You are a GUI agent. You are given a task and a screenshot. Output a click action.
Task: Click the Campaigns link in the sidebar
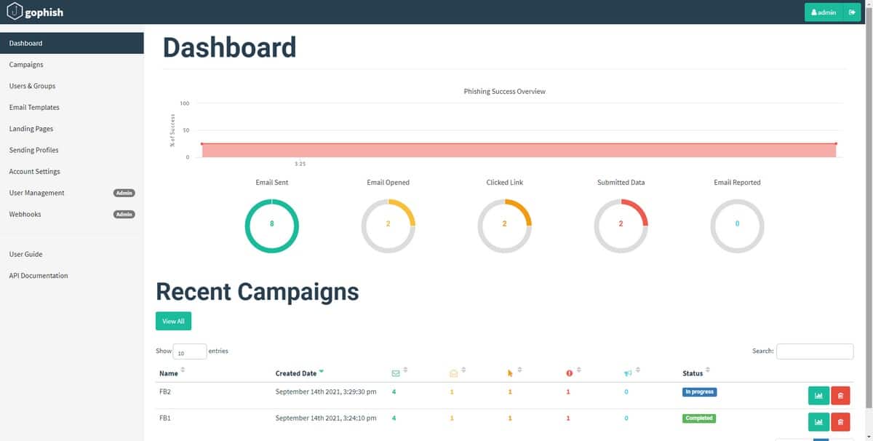click(26, 65)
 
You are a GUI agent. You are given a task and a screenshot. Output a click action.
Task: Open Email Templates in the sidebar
click(34, 108)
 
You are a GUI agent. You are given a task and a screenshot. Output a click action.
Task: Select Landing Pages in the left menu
click(31, 129)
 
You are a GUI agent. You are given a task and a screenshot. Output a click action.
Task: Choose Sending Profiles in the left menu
click(33, 150)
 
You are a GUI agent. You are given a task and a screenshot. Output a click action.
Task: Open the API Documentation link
click(39, 276)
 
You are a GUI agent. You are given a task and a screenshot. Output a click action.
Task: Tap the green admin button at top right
click(823, 12)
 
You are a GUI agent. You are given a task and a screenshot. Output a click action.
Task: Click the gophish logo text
click(44, 12)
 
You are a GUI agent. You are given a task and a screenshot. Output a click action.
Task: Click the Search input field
click(814, 351)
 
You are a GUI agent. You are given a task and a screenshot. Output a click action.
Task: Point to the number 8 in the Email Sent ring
click(272, 224)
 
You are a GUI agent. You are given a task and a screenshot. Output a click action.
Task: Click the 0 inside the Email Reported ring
click(737, 224)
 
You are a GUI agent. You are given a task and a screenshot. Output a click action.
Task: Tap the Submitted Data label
click(621, 183)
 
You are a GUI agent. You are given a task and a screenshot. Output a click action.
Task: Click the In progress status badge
click(699, 392)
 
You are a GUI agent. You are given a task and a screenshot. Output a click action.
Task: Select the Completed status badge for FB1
click(698, 418)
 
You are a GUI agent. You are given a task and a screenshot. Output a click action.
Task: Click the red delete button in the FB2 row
click(840, 396)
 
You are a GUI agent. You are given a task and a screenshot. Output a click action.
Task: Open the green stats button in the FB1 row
click(818, 422)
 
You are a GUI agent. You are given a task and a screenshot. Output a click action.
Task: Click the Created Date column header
click(296, 373)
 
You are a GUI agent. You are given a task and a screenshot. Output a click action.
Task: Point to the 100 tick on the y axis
click(185, 103)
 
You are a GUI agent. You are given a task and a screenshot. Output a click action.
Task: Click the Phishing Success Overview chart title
click(504, 92)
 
